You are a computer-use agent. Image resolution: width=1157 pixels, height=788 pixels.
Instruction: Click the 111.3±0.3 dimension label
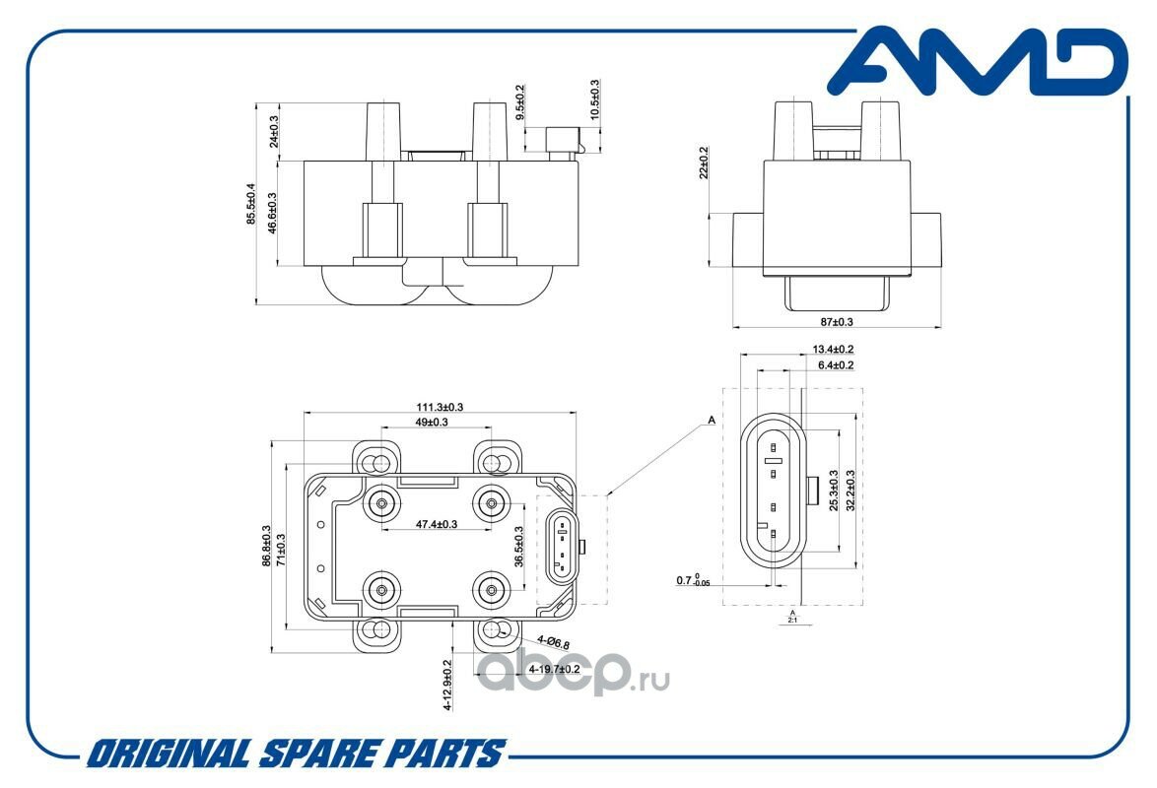(x=440, y=407)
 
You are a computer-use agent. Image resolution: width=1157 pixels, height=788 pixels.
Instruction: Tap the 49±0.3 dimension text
(x=432, y=422)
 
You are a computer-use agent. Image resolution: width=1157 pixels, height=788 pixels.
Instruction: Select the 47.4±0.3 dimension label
(x=436, y=524)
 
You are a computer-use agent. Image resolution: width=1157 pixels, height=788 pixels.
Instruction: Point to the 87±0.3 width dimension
(x=837, y=322)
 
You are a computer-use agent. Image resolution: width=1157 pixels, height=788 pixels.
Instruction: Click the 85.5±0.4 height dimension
(x=251, y=204)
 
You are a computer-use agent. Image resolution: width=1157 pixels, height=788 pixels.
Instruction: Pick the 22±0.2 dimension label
(x=704, y=164)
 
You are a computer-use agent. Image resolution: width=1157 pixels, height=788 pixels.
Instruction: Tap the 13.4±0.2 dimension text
(x=833, y=349)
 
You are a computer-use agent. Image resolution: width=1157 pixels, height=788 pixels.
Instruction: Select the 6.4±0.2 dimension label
(x=836, y=365)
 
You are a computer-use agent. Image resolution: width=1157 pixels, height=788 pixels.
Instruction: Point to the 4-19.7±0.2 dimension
(x=555, y=669)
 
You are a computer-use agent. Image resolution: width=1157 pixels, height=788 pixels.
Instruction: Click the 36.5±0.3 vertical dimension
(x=518, y=547)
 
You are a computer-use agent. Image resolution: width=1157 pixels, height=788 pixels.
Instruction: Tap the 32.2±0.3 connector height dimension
(x=851, y=490)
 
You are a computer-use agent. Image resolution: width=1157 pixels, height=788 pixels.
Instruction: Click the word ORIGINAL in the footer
(x=168, y=755)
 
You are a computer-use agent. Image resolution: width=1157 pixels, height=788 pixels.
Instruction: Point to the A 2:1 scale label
(x=792, y=617)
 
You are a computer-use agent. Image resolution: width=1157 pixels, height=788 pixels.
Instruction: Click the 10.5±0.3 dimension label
(x=594, y=99)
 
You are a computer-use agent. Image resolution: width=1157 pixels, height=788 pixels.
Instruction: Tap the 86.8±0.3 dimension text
(x=266, y=546)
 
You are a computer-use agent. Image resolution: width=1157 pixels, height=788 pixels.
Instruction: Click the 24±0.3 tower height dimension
(x=274, y=131)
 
